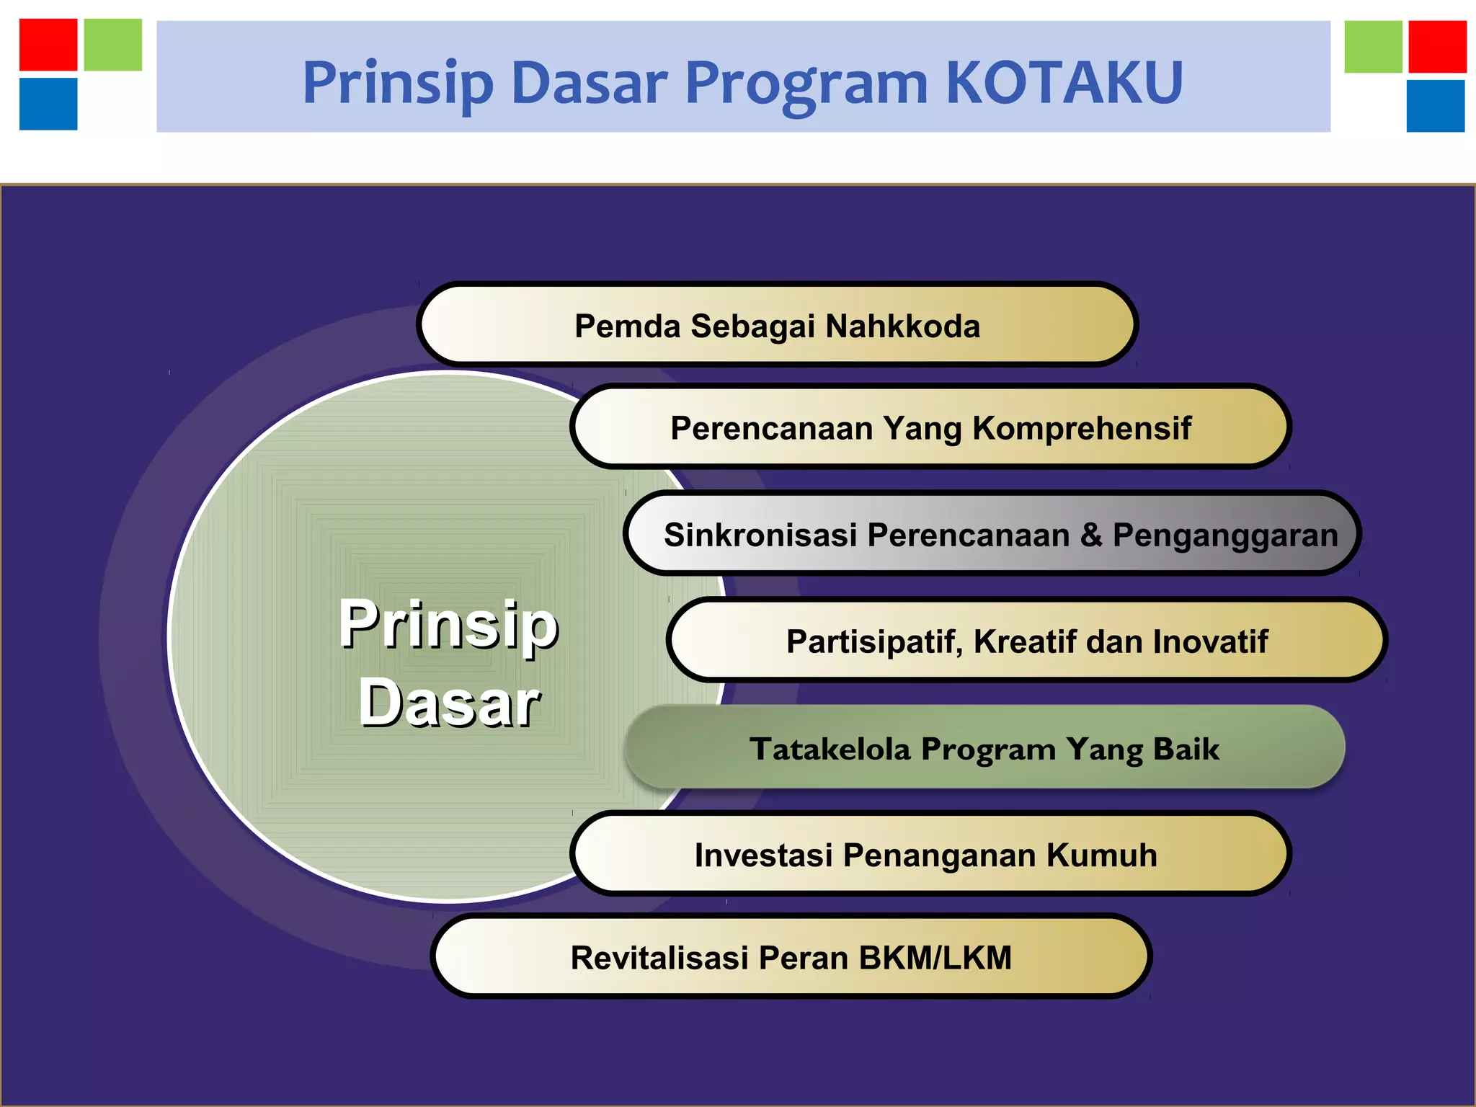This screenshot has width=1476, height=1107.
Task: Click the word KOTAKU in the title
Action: click(1064, 83)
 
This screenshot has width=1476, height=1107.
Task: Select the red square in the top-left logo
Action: click(48, 45)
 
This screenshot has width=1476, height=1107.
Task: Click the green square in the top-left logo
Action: click(113, 45)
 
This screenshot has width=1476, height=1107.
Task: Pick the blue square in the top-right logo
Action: click(1435, 106)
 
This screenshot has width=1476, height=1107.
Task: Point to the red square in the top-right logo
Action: click(1437, 47)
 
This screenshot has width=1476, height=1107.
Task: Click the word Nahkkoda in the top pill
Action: click(902, 326)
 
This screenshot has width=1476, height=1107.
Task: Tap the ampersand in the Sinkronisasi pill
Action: click(1092, 535)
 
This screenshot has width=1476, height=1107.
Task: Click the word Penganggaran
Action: click(1225, 535)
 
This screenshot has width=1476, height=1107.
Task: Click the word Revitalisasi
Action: click(659, 959)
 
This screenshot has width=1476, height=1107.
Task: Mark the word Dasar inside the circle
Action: click(449, 703)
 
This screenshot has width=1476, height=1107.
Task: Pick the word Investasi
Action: click(763, 855)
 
